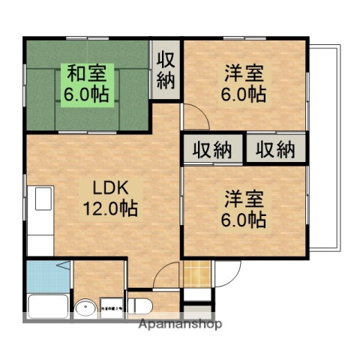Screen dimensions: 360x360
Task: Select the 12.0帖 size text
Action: (x=109, y=209)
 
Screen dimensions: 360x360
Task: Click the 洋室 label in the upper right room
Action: (x=243, y=73)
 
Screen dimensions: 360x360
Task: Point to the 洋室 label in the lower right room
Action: (x=243, y=198)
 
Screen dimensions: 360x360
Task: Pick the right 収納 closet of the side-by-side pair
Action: (x=276, y=149)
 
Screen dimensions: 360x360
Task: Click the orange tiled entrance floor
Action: (x=195, y=273)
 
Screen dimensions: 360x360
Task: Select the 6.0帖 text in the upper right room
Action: (x=243, y=94)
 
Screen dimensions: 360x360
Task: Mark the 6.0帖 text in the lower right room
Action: (x=243, y=219)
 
